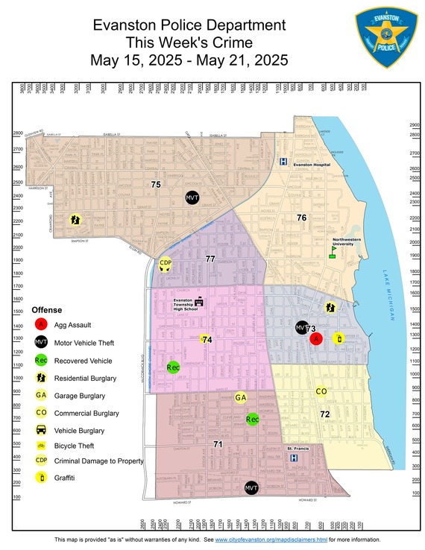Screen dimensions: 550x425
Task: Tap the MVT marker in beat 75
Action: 192,197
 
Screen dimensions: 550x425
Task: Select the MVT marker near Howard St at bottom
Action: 251,487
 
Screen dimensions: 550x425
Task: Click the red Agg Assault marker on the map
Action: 315,338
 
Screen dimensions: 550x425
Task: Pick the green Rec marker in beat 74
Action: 173,367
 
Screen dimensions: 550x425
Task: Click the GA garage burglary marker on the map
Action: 240,398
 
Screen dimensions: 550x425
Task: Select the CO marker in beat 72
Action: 321,392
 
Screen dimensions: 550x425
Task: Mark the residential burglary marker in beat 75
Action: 75,220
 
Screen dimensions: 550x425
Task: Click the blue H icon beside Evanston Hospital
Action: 283,161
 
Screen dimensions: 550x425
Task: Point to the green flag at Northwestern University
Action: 333,252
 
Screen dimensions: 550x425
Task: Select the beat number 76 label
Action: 301,218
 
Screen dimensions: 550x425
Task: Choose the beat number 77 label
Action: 210,259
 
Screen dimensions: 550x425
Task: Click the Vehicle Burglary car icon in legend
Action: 42,430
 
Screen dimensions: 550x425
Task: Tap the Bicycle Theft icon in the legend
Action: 42,447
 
